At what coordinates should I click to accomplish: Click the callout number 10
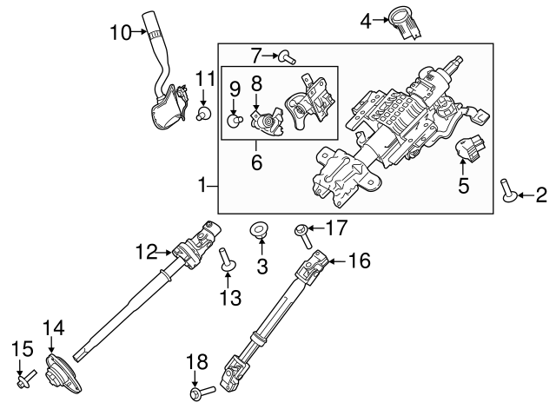pos(120,33)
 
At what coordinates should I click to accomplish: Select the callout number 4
pos(367,19)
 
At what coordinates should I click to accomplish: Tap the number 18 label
pos(197,360)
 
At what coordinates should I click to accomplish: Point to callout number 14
pos(54,327)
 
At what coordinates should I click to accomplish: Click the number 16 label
pos(360,260)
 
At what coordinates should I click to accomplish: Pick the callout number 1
pos(202,185)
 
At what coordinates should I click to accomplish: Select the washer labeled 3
pos(259,231)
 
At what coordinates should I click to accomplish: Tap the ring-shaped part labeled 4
pos(406,22)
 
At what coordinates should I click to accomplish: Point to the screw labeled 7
pos(286,57)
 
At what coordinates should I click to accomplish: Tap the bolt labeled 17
pos(300,231)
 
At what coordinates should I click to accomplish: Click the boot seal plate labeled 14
pos(60,373)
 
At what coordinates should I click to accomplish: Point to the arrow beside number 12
pos(165,253)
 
